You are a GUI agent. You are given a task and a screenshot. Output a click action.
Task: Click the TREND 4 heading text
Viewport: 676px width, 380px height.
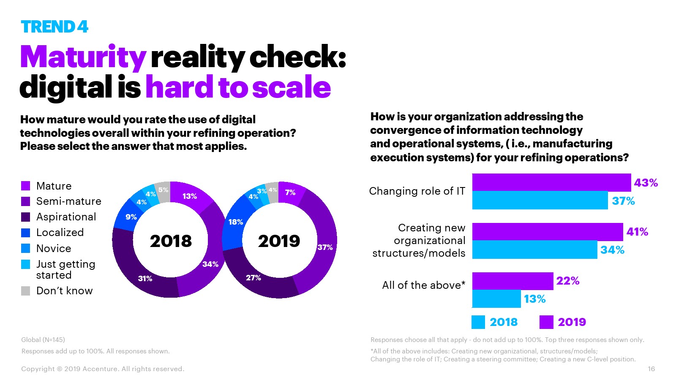(x=55, y=27)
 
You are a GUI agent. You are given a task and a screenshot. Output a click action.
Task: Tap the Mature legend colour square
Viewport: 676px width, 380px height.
(x=26, y=186)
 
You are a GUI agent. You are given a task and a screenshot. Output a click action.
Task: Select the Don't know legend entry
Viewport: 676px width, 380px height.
(x=64, y=290)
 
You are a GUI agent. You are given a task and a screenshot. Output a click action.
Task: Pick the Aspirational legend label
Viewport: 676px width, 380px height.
(x=66, y=217)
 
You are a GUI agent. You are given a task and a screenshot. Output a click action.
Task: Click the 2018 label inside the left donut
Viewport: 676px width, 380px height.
(x=171, y=241)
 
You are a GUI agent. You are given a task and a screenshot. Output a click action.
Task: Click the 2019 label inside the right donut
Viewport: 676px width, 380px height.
(x=279, y=241)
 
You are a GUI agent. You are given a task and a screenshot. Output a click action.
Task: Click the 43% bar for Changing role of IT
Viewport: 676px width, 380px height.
(x=551, y=182)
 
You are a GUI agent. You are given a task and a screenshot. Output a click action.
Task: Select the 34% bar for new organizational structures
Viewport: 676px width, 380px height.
(x=534, y=250)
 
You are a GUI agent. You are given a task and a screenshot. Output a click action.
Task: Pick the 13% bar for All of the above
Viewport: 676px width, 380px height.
(x=496, y=299)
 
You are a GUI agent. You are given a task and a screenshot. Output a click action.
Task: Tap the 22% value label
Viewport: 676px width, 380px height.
(x=567, y=281)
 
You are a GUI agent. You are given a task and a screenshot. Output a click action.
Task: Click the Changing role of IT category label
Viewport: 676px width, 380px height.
(x=417, y=191)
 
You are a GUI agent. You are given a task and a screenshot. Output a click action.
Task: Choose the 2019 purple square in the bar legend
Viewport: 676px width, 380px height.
(x=546, y=322)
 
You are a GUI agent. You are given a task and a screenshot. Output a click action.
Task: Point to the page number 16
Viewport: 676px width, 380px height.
(x=651, y=369)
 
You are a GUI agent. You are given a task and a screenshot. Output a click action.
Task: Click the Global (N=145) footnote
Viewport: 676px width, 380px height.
(x=43, y=339)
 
